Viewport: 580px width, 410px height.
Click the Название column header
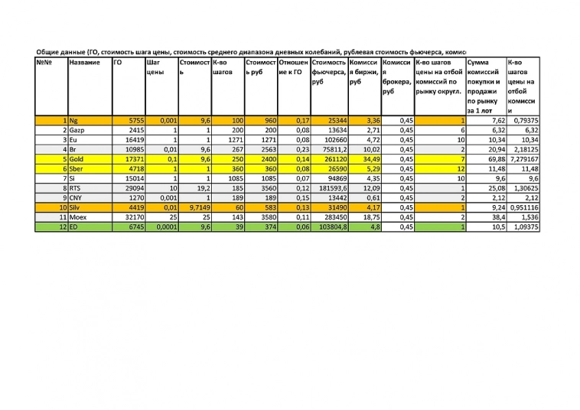[x=84, y=62]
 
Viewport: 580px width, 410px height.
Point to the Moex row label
[x=79, y=217]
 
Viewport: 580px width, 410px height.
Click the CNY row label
[x=77, y=197]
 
